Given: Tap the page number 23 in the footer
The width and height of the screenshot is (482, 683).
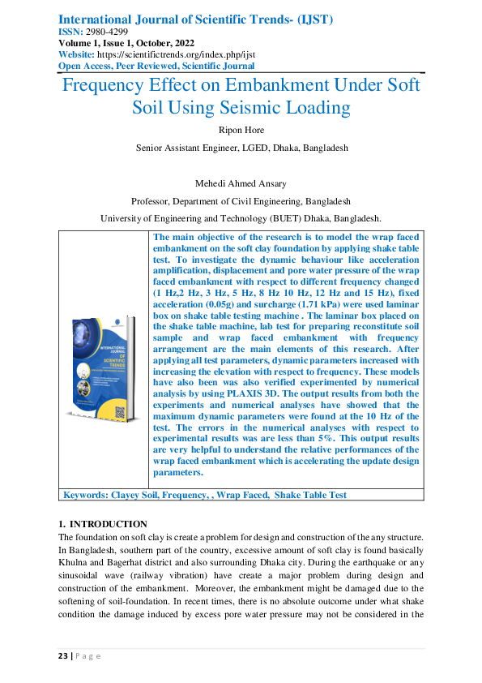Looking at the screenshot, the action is click(x=63, y=655).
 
